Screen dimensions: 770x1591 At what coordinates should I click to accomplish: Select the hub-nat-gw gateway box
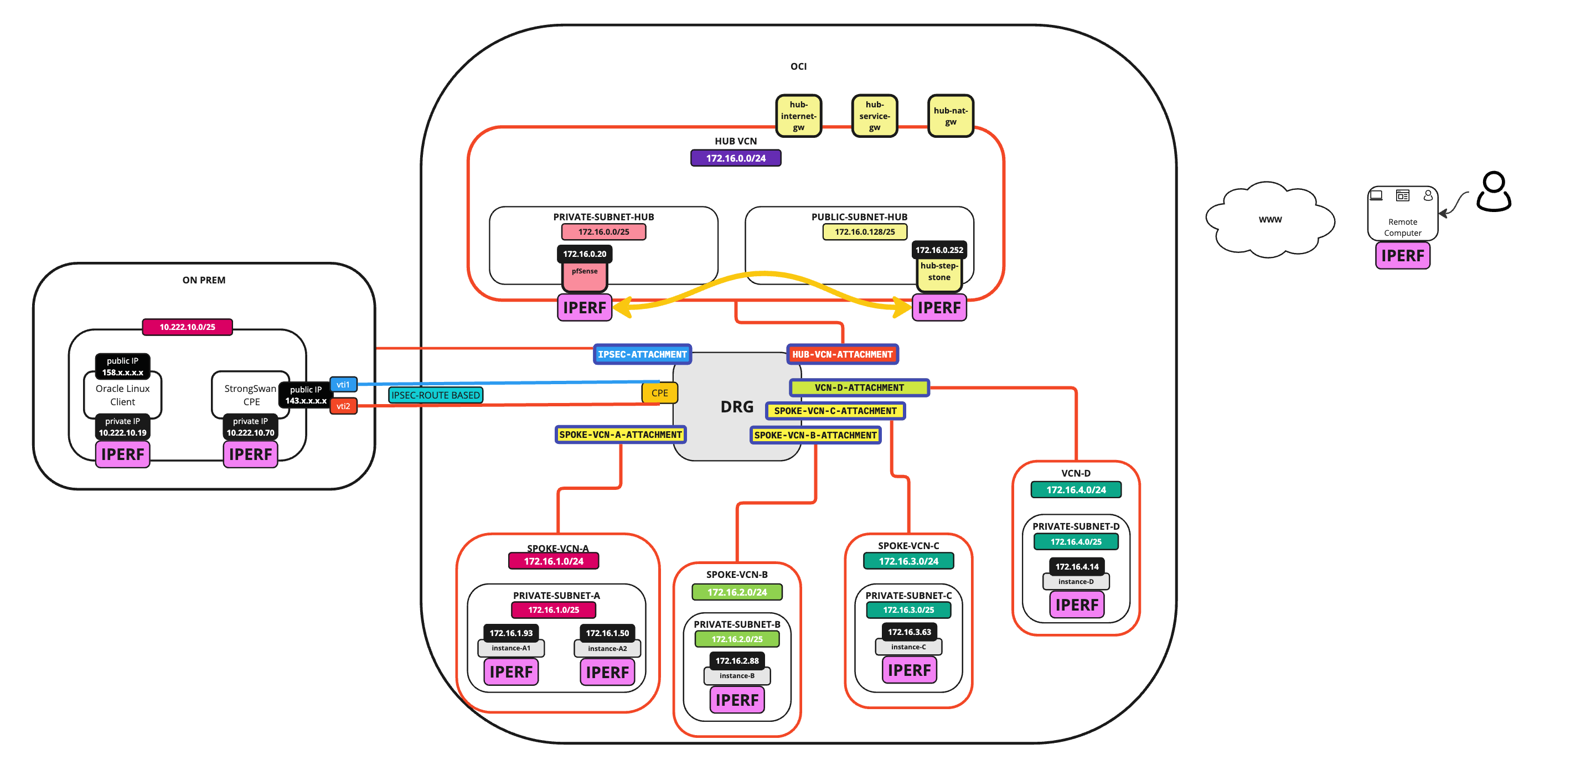950,116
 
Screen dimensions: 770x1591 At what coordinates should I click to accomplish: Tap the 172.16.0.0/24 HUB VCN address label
735,158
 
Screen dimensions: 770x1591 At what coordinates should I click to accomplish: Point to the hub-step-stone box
938,272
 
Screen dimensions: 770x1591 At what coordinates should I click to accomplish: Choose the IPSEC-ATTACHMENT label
642,354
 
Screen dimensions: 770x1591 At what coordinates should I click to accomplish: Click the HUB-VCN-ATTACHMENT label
842,354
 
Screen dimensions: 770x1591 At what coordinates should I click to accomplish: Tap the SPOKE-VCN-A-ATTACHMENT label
620,435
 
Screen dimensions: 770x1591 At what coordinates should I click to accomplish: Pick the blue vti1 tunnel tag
343,385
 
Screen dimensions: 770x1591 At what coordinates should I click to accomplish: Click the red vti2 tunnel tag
343,406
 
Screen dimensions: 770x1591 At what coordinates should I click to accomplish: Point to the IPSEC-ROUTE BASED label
436,395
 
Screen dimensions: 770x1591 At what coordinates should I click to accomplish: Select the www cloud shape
1269,220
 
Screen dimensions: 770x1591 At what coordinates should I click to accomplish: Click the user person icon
1493,192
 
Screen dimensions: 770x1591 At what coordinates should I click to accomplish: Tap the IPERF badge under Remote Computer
1402,256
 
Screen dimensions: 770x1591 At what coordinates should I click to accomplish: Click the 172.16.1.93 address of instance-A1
511,633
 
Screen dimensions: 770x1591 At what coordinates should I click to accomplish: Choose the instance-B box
736,675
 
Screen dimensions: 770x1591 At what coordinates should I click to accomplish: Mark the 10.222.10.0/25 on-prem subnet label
187,327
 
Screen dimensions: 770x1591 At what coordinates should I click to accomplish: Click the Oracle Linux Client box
122,395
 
